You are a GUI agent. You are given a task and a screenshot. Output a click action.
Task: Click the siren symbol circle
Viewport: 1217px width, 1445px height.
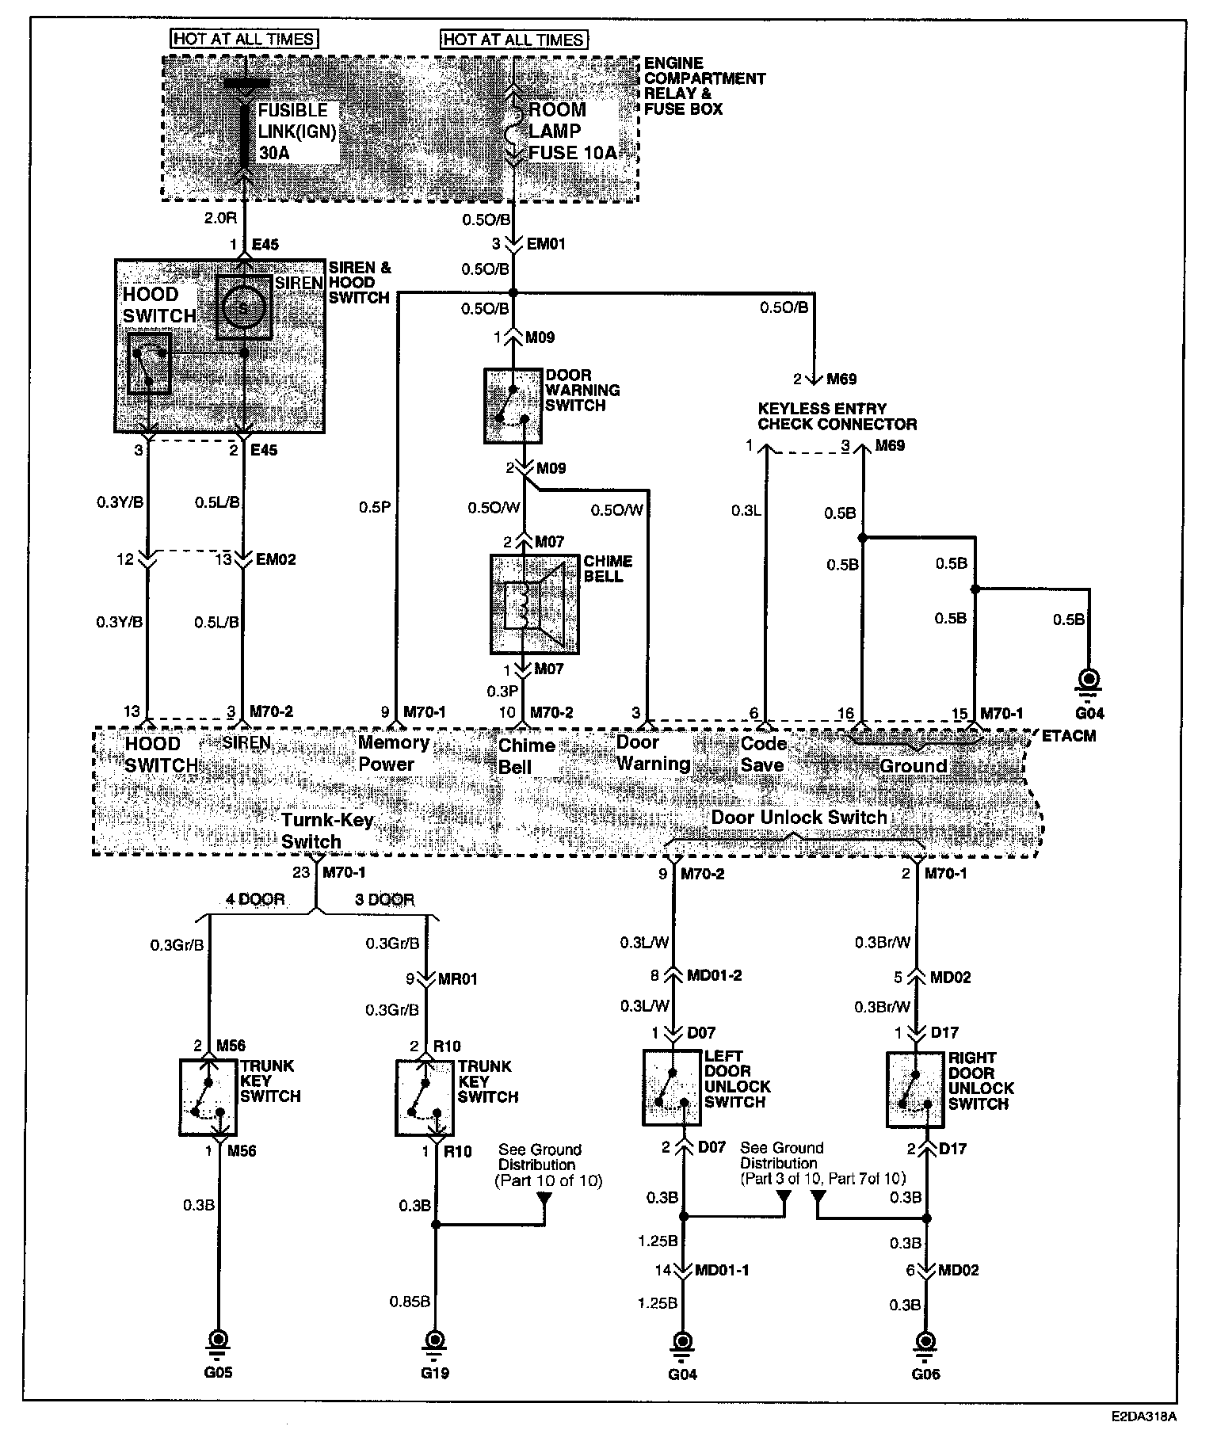[244, 307]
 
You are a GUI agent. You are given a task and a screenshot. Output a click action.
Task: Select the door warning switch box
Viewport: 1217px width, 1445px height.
[513, 405]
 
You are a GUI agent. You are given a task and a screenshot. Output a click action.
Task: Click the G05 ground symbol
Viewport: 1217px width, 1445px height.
[217, 1340]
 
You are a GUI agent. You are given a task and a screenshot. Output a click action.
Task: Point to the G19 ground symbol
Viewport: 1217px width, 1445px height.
[434, 1340]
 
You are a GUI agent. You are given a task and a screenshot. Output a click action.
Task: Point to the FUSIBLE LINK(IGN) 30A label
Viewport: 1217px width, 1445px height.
[296, 132]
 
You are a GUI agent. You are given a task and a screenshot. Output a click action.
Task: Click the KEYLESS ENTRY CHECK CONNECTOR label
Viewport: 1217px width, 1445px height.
[837, 417]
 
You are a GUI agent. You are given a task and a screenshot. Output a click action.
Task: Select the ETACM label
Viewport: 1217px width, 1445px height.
[1069, 736]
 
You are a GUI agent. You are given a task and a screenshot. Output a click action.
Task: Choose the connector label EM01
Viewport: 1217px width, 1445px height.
[547, 244]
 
